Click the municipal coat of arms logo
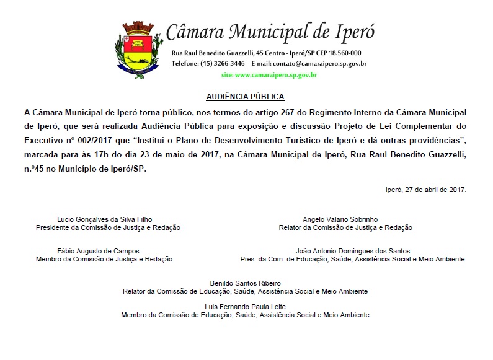[136, 48]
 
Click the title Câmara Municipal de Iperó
[271, 30]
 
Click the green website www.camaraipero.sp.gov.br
[269, 75]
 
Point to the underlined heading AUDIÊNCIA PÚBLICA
[245, 97]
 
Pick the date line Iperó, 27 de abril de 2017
[425, 190]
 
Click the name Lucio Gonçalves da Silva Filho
[104, 219]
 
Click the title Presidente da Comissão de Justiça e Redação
[108, 227]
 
